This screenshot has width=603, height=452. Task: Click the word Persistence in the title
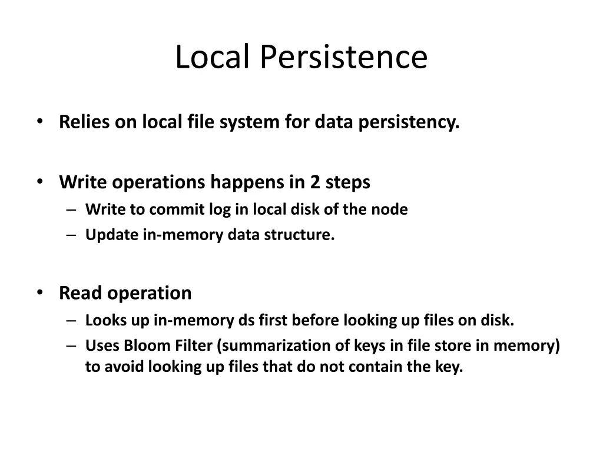pyautogui.click(x=344, y=57)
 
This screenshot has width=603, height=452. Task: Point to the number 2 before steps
pyautogui.click(x=315, y=182)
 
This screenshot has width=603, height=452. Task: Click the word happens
pyautogui.click(x=248, y=182)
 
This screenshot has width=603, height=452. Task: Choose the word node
pyautogui.click(x=390, y=209)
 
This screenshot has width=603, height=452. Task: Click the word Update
pyautogui.click(x=111, y=235)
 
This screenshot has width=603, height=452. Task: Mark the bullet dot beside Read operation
pyautogui.click(x=40, y=293)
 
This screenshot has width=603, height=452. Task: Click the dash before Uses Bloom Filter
pyautogui.click(x=71, y=345)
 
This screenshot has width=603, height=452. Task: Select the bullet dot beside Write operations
pyautogui.click(x=40, y=182)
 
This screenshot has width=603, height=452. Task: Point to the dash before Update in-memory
pyautogui.click(x=71, y=235)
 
